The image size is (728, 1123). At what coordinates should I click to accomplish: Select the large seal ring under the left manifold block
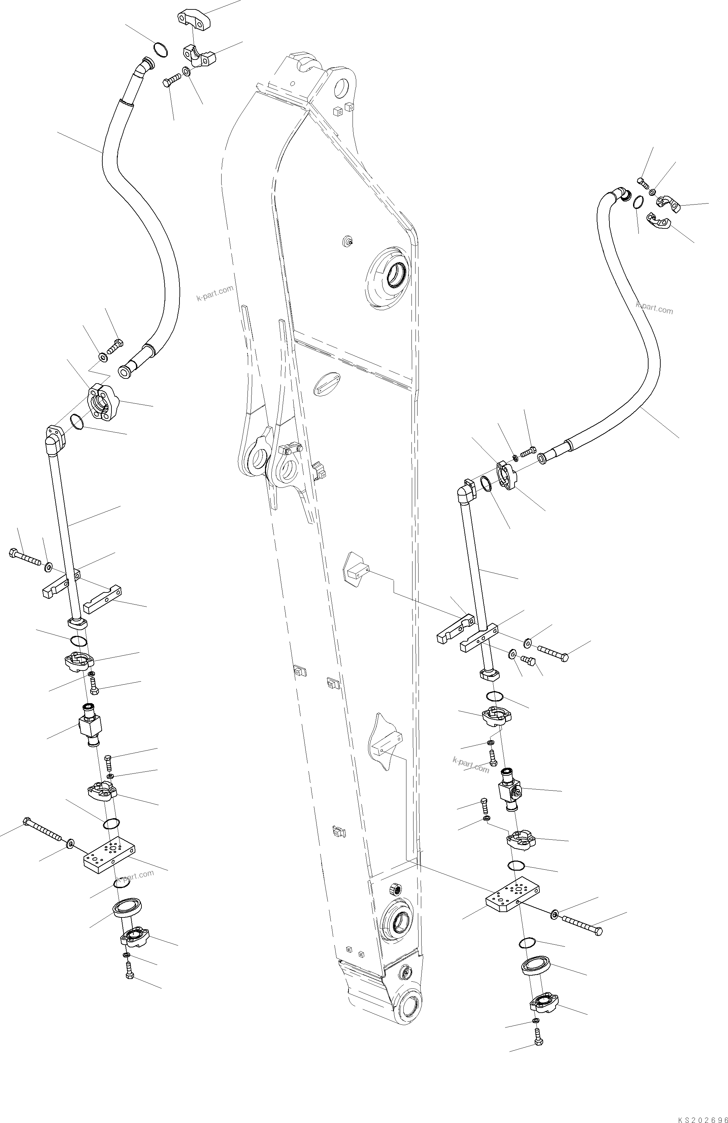[126, 907]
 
